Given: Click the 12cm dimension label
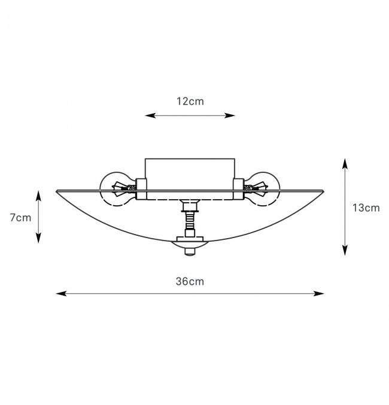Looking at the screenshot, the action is (190, 101).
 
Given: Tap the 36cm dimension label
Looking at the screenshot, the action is (190, 281).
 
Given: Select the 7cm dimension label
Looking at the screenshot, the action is (20, 218).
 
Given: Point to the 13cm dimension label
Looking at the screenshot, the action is (366, 208).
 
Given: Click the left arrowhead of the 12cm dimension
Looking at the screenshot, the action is (150, 115).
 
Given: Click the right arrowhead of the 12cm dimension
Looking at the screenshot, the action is (230, 115).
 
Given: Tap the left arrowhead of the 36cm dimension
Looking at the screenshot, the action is (61, 293).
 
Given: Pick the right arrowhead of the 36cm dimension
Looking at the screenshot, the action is (318, 293).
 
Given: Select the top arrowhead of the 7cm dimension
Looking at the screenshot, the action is (38, 196).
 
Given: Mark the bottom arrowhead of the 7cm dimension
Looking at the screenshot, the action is (38, 238).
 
